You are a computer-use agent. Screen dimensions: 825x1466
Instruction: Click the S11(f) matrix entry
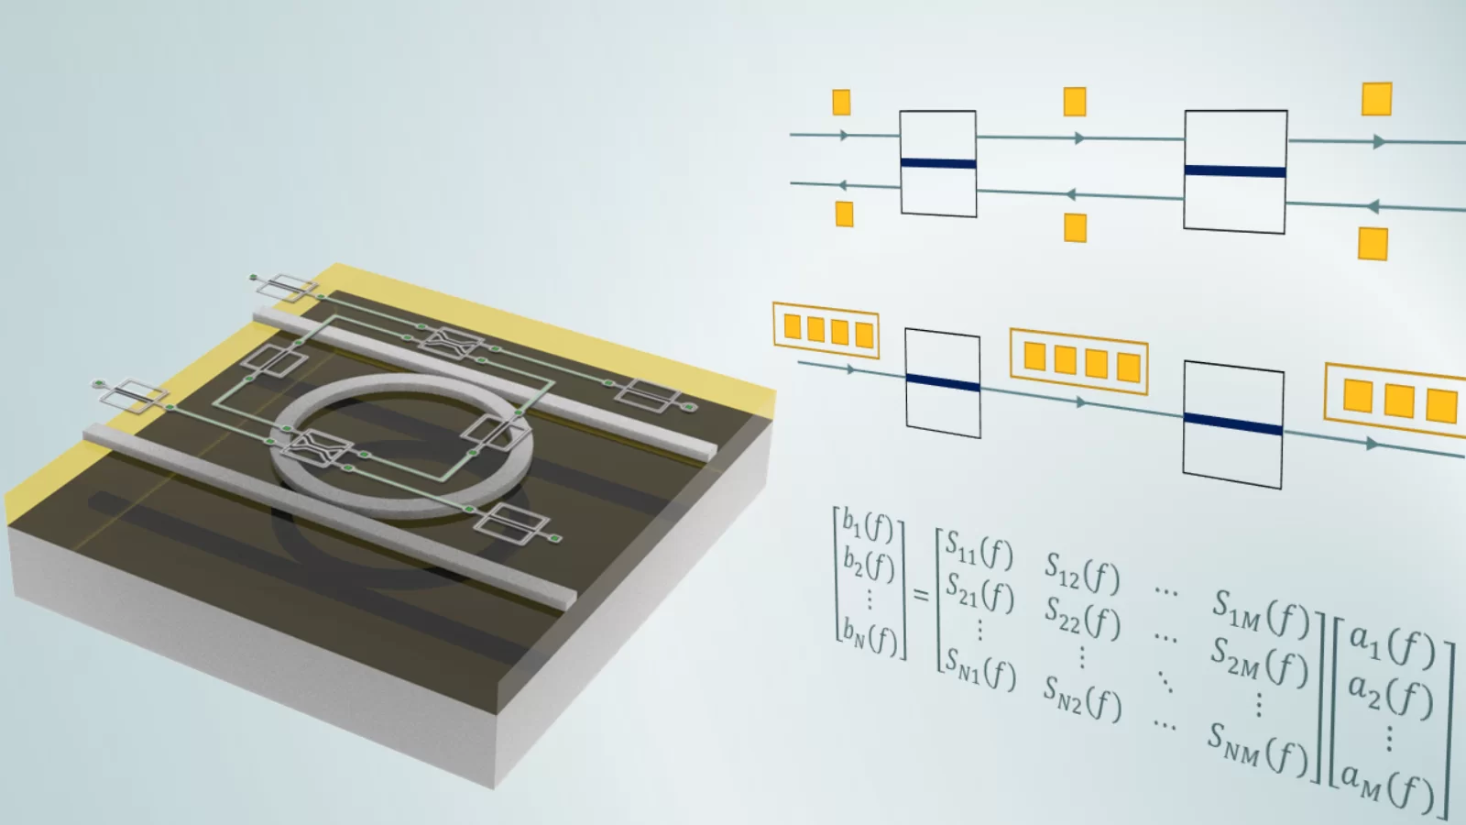[x=979, y=550]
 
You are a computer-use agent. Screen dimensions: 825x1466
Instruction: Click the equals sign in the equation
[x=921, y=595]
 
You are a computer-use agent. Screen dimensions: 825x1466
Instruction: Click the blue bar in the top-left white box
[x=937, y=164]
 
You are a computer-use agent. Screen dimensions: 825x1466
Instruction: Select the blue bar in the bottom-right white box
[x=1232, y=423]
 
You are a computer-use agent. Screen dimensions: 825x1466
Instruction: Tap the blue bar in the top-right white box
[x=1235, y=171]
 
